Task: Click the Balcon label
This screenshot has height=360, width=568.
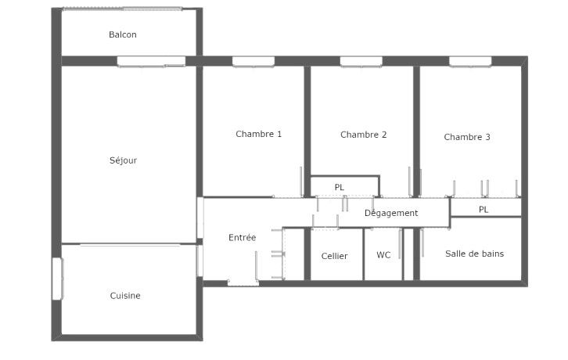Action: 122,34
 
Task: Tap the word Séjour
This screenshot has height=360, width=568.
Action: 123,160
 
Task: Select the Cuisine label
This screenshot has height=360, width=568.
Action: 125,296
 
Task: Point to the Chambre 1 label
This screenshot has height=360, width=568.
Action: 258,134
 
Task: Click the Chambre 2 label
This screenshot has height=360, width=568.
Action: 363,135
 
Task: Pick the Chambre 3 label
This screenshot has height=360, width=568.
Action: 467,137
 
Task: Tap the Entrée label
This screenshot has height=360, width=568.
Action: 242,238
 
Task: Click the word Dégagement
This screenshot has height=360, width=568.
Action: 391,213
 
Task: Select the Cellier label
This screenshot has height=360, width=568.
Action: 334,257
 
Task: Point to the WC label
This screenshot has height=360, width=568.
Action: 383,255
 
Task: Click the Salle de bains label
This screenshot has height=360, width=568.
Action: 474,254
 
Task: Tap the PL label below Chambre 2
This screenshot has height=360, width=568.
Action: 339,187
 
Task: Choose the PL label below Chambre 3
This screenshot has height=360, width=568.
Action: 484,210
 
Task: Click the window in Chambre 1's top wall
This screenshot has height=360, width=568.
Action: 253,62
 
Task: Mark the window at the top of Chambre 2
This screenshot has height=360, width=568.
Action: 361,62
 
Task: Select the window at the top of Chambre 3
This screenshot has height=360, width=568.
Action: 470,62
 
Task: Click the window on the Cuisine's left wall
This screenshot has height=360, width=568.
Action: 58,279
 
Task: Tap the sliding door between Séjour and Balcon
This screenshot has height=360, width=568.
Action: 151,62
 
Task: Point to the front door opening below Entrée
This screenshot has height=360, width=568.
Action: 243,283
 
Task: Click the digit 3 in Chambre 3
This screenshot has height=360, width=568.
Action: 487,137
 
